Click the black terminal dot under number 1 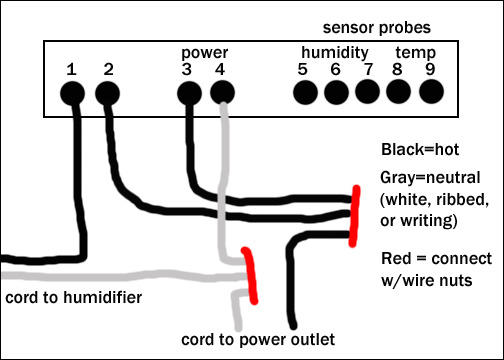[x=72, y=93]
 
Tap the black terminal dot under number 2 [x=107, y=93]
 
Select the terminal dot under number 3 [x=189, y=93]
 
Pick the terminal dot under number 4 [x=223, y=93]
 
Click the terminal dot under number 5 [x=305, y=92]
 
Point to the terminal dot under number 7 [x=368, y=92]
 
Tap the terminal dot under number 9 [x=431, y=92]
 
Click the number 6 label [x=336, y=69]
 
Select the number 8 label [x=397, y=69]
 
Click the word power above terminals [x=205, y=53]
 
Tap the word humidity [x=335, y=53]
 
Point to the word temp [x=416, y=53]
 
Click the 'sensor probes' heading [x=377, y=28]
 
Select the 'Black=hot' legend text [x=420, y=149]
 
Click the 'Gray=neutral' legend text [x=430, y=178]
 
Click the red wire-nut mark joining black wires [x=354, y=216]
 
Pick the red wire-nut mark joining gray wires [x=251, y=275]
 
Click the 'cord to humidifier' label [x=74, y=298]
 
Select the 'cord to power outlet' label [x=258, y=340]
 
